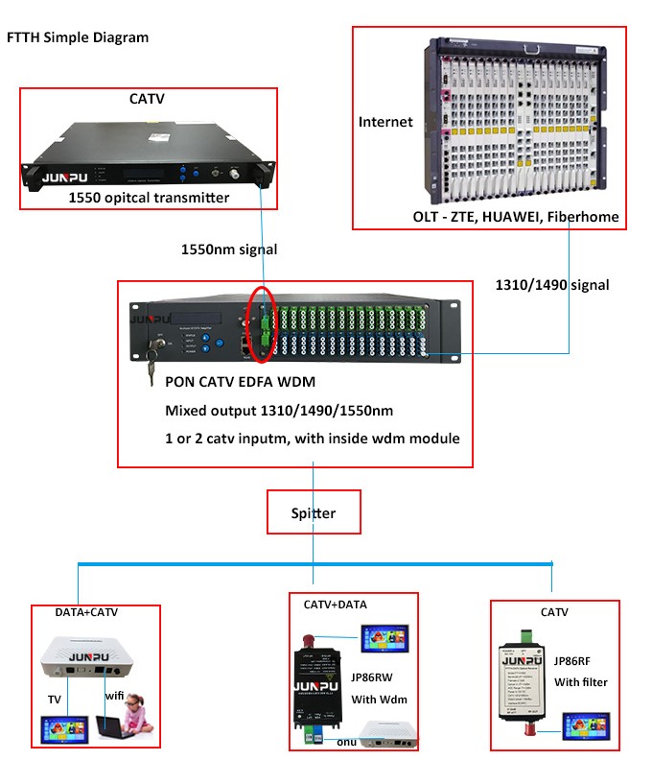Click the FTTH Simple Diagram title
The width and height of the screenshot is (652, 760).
click(x=78, y=37)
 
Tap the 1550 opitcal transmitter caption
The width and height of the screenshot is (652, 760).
click(x=149, y=198)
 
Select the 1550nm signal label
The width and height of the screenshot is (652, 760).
click(x=229, y=249)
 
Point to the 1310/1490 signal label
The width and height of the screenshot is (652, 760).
click(x=551, y=285)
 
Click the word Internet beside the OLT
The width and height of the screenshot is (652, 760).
click(x=385, y=122)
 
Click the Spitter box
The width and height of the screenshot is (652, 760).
click(x=314, y=513)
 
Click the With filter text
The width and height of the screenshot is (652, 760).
click(x=581, y=682)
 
